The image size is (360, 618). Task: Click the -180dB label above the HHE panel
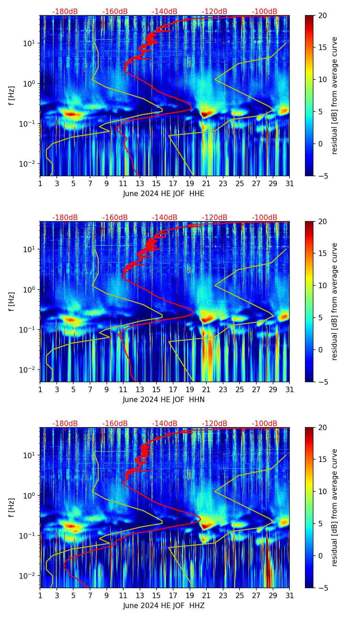(65, 12)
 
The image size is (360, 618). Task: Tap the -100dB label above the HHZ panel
(265, 424)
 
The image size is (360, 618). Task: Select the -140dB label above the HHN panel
(165, 218)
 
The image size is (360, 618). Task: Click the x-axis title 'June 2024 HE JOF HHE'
(164, 194)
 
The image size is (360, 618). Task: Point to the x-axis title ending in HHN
(164, 400)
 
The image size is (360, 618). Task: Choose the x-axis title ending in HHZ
(164, 606)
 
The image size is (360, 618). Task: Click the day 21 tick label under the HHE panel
(206, 184)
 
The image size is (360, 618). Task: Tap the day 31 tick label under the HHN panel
(290, 390)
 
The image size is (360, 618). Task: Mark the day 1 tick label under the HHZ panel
(40, 596)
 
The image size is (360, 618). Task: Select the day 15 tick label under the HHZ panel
(156, 596)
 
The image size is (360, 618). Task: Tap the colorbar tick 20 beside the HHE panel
(323, 15)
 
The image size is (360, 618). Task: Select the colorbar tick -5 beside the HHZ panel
(323, 588)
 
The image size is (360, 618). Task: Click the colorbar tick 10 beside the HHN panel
(323, 285)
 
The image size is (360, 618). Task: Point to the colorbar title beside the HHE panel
(335, 95)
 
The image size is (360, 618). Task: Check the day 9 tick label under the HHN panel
(107, 390)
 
